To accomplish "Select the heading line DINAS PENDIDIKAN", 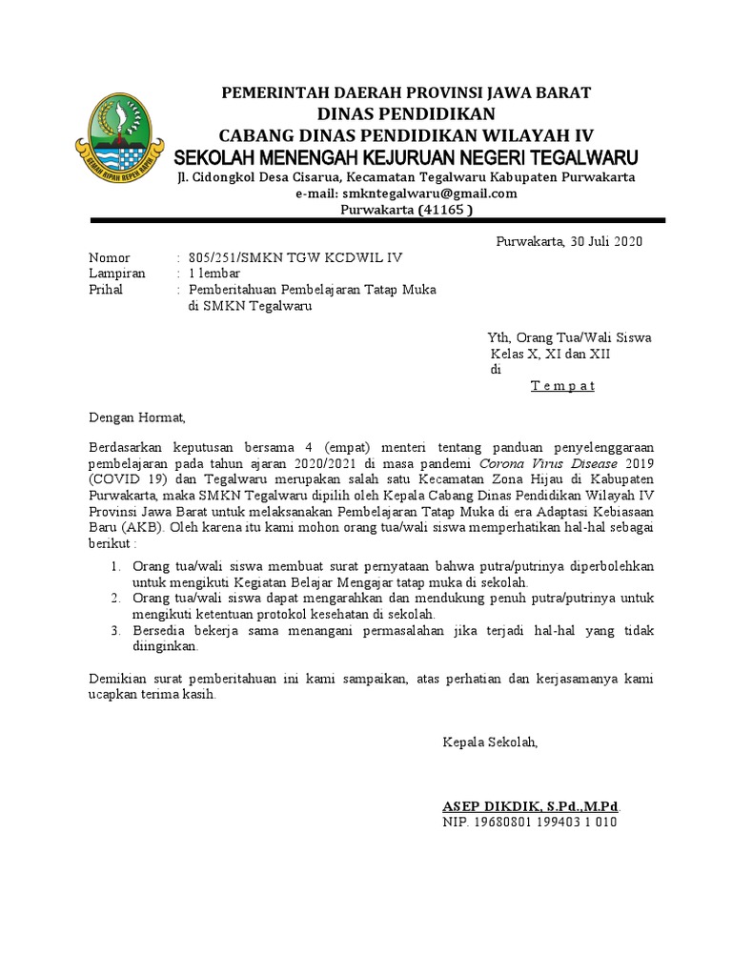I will coord(406,112).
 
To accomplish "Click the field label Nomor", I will coord(110,258).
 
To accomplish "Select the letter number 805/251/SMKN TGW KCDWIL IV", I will coord(295,258).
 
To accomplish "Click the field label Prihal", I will coord(106,290).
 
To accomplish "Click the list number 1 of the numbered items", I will coord(114,566).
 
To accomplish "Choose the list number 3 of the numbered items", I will coord(114,630).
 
